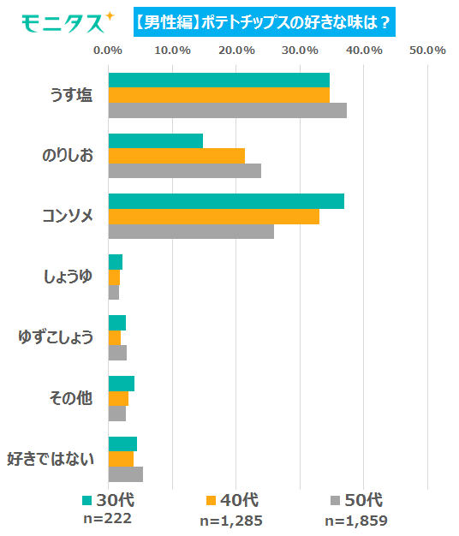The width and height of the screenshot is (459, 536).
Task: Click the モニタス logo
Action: pos(68,22)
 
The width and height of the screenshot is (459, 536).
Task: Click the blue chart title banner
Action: pos(265,22)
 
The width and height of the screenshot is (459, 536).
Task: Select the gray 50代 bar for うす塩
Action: pos(228,110)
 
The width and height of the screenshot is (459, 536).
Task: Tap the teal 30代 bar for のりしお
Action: pos(156,140)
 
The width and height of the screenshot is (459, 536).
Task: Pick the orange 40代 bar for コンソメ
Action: pos(214,217)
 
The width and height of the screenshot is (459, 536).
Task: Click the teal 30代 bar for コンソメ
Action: pos(226,201)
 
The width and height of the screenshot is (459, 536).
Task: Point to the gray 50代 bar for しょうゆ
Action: pos(114,292)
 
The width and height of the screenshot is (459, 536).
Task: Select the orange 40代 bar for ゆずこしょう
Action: pos(115,337)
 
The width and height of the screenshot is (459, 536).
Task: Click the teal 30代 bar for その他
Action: pos(122,384)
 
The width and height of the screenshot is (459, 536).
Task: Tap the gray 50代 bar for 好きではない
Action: pos(126,474)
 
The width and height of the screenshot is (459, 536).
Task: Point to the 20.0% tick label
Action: pos(236,51)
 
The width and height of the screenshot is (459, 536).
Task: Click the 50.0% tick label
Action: pos(427,51)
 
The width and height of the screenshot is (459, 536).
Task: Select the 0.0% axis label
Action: pos(108,51)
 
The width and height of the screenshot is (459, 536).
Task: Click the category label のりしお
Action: pos(68,156)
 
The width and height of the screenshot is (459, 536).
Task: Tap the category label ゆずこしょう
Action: pos(56,337)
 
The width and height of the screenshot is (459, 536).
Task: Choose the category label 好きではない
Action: pos(51,459)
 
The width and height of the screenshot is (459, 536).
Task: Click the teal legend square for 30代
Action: pos(87,500)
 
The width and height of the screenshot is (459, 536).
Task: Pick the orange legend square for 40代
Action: pos(212,500)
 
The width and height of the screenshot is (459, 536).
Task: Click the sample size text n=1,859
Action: pos(356,521)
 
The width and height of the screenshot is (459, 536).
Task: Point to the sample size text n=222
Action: pos(108,519)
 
